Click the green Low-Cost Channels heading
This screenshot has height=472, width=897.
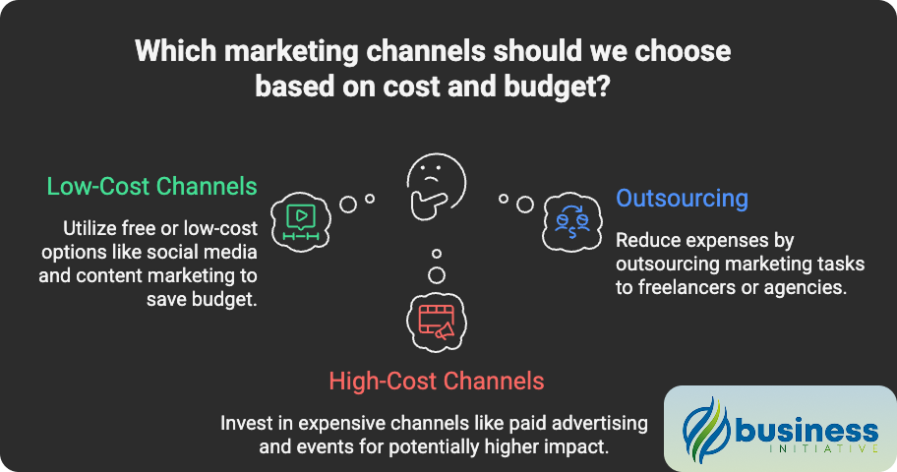pyautogui.click(x=151, y=186)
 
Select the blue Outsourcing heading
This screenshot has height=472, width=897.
pyautogui.click(x=682, y=198)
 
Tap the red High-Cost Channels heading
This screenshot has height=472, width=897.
pyautogui.click(x=437, y=381)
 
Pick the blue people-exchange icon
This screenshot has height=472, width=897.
pyautogui.click(x=571, y=219)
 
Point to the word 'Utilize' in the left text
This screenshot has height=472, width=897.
pyautogui.click(x=92, y=229)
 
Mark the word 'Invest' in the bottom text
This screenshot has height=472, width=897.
pyautogui.click(x=245, y=424)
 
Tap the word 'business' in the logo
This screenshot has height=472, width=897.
pyautogui.click(x=804, y=430)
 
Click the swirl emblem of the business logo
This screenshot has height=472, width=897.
pyautogui.click(x=705, y=430)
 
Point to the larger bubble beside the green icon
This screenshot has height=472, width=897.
pyautogui.click(x=347, y=204)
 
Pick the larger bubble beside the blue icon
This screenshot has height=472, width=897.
pyautogui.click(x=525, y=204)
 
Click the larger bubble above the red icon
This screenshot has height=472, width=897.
pyautogui.click(x=437, y=274)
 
